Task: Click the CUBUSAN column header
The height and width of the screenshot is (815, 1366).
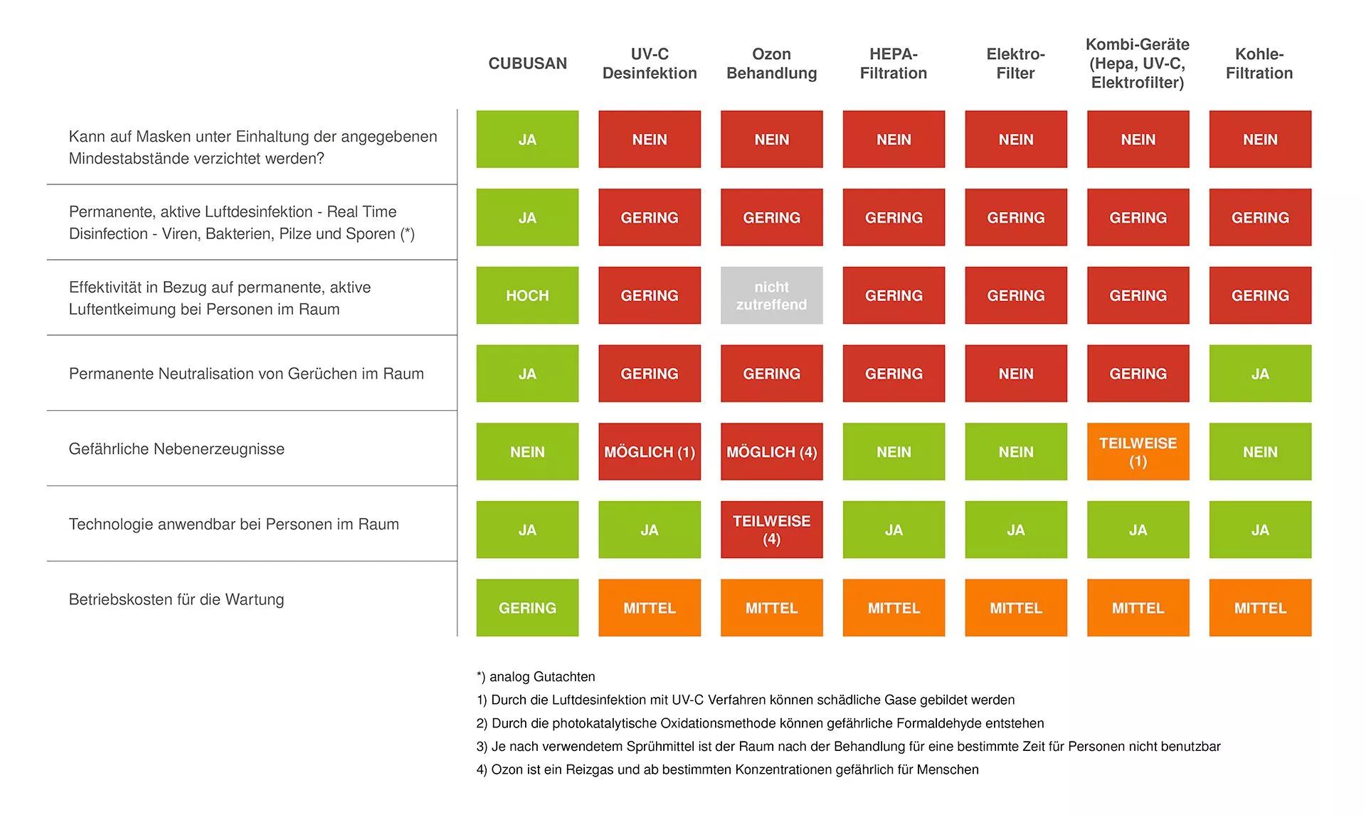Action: coord(527,63)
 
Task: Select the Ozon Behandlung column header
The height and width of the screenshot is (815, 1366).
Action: coord(771,63)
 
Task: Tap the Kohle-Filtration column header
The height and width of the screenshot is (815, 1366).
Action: coord(1259,63)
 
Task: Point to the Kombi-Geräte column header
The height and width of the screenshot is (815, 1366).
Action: coord(1137,63)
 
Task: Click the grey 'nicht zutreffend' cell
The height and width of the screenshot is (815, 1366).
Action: coord(771,295)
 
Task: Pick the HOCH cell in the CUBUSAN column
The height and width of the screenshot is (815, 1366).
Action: coord(527,295)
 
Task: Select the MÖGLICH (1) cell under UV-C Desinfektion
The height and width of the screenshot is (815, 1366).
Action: coord(649,452)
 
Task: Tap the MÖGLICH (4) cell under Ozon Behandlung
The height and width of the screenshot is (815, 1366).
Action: coord(771,452)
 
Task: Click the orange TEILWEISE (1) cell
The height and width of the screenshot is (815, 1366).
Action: coord(1138,452)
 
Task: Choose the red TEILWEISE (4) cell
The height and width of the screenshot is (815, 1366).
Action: coord(771,530)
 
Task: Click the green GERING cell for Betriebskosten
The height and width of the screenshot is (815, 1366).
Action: coord(527,608)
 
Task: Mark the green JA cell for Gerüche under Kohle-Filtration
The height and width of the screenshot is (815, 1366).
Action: coord(1260,374)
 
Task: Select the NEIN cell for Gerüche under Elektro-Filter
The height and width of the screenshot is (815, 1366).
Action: coord(1015,374)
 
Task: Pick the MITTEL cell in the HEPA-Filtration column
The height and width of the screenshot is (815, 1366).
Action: coord(894,608)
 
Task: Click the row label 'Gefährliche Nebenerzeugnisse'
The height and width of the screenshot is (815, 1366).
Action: coord(176,449)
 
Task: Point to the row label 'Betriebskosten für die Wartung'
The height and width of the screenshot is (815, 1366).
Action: coord(176,599)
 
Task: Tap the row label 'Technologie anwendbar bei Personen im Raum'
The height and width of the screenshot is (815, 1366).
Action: coord(233,525)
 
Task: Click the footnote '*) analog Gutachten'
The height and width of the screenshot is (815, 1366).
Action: coord(536,677)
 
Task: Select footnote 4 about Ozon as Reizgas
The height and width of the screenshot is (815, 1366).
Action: coord(727,769)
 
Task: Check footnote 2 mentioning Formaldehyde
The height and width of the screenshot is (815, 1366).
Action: coord(760,723)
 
